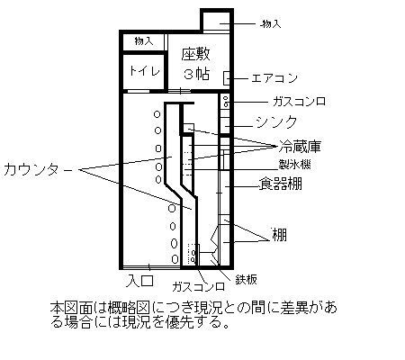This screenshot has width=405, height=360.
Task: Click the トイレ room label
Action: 145,71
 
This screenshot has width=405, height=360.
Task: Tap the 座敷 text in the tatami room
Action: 196,54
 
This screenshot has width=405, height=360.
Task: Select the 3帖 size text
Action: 196,74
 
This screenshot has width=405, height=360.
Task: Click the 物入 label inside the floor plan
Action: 144,40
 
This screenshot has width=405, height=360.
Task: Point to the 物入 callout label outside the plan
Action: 272,24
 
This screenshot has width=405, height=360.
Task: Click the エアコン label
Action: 274,78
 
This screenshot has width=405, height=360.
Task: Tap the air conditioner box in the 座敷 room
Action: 227,78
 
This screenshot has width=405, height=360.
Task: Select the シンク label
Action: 276,122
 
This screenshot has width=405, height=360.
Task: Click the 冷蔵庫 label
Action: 300,147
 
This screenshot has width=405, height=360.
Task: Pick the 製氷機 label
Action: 295,164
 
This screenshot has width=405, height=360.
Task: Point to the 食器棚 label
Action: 281,184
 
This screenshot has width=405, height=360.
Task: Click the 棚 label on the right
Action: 279,235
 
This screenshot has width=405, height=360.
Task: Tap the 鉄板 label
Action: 246,280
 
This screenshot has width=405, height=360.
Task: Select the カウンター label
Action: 38,169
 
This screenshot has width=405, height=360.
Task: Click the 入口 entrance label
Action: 140,281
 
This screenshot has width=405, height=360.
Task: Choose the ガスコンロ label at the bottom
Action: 198,287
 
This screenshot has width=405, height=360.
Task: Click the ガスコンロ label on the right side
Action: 299,102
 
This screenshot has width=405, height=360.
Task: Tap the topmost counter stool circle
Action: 157,114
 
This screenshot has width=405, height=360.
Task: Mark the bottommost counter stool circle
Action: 175,259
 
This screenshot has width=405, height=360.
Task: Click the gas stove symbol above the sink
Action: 225,101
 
